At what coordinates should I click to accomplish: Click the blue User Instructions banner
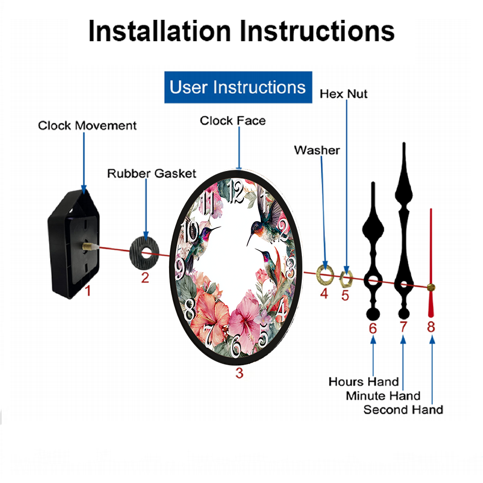[x=238, y=87]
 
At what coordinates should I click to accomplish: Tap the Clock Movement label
[x=87, y=126]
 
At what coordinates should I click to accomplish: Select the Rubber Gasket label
[x=152, y=173]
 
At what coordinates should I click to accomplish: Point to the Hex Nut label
[x=343, y=94]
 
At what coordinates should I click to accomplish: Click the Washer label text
[x=317, y=150]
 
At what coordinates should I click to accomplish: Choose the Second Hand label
[x=403, y=410]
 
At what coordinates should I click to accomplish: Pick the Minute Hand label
[x=383, y=396]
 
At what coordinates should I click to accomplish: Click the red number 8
[x=431, y=327]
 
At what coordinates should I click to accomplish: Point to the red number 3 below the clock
[x=240, y=373]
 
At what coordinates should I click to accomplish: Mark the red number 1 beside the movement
[x=88, y=290]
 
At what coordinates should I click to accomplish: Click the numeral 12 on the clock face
[x=237, y=192]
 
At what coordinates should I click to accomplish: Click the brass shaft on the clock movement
[x=87, y=246]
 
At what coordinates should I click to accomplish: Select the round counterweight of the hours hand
[x=373, y=314]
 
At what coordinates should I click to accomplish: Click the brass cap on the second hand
[x=431, y=288]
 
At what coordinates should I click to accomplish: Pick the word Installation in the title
[x=159, y=31]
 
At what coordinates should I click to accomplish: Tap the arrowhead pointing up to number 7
[x=403, y=340]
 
